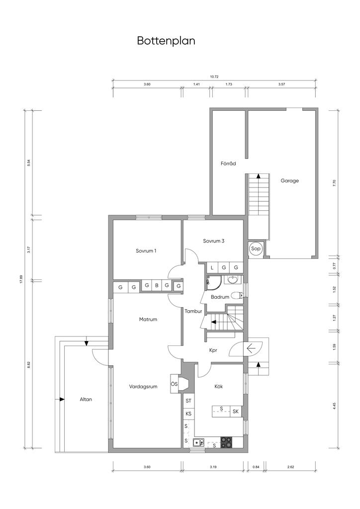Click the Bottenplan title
click(x=166, y=41)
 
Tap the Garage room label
click(x=289, y=181)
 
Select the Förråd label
click(x=228, y=164)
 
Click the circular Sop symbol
click(x=256, y=249)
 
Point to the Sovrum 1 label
click(x=146, y=251)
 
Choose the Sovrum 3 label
click(x=214, y=241)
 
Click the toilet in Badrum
click(x=239, y=295)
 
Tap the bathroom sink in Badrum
click(x=232, y=279)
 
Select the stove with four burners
click(x=227, y=442)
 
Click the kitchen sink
click(x=198, y=442)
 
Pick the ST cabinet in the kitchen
click(x=188, y=401)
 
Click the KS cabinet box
click(x=188, y=414)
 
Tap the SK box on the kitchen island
click(x=236, y=412)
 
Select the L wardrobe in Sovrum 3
click(x=212, y=267)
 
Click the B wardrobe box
click(x=157, y=285)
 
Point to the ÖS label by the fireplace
click(x=174, y=384)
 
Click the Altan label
click(x=86, y=400)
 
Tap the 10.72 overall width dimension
click(x=214, y=77)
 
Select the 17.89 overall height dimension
click(x=21, y=279)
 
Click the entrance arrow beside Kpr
click(x=252, y=349)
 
